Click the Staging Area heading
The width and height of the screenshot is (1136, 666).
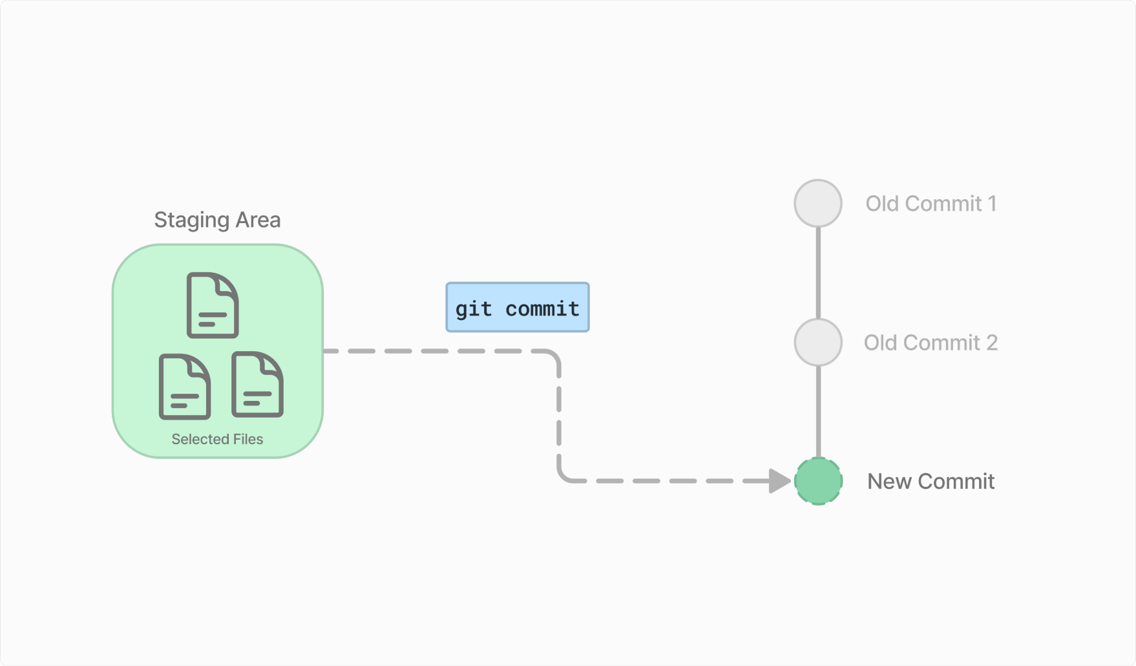217,220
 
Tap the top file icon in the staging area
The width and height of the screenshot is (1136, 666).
213,305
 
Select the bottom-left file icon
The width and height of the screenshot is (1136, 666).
185,387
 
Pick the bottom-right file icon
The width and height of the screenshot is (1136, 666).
257,384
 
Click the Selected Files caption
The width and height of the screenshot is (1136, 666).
217,439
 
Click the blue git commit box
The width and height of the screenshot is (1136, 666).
518,307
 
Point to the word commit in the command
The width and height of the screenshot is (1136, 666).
542,309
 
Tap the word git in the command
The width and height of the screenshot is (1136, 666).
474,310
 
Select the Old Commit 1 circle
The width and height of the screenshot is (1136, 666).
818,203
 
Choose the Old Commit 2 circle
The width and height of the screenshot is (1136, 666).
818,342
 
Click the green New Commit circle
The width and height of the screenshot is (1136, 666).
818,481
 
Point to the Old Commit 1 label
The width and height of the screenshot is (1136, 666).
931,204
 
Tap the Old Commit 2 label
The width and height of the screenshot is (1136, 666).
931,343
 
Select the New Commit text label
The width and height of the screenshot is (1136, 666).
931,482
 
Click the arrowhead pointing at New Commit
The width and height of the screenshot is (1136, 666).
780,481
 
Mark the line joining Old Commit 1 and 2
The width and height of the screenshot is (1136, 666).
818,273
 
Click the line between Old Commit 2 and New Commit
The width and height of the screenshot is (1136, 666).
818,412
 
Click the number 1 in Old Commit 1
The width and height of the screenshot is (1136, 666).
992,204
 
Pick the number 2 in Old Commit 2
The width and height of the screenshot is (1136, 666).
992,343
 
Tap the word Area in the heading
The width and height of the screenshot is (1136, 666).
258,220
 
